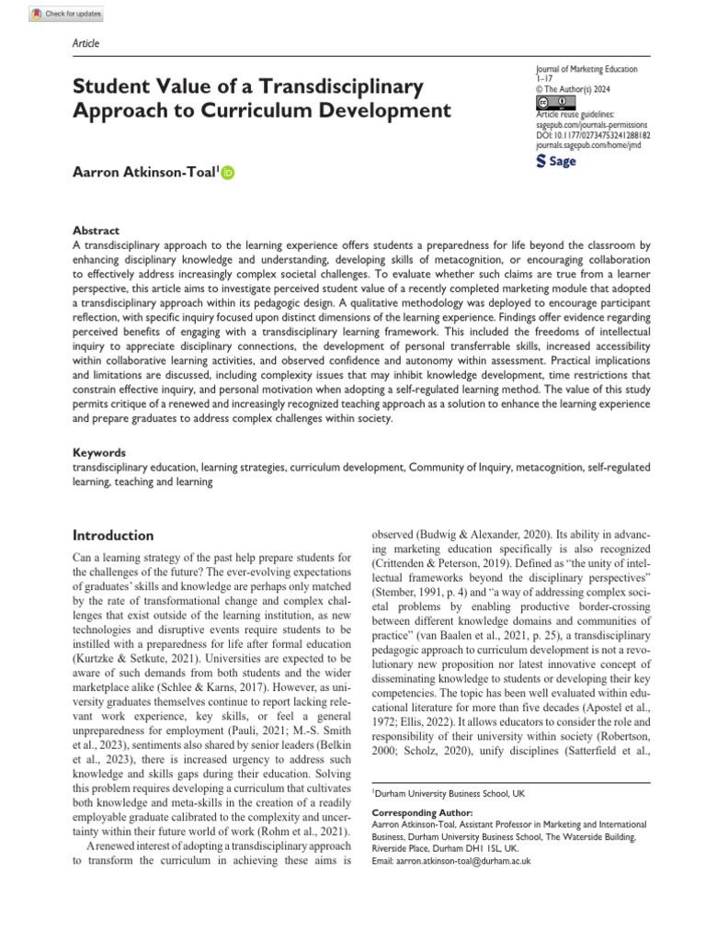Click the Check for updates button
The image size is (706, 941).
coord(66,14)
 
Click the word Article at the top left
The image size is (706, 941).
coord(85,43)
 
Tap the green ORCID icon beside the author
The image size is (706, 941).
coord(227,172)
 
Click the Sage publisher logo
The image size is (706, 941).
coord(555,162)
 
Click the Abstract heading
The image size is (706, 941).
coord(96,231)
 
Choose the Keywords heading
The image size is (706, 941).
coord(99,453)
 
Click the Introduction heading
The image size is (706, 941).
coord(113,536)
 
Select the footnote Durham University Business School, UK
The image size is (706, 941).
coord(444,792)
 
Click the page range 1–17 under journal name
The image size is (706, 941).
coord(545,80)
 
